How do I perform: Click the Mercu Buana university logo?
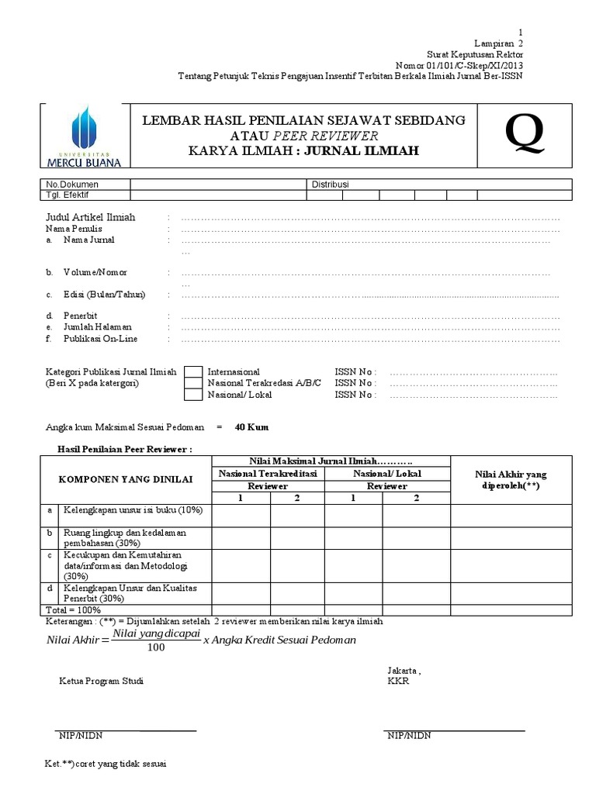click(x=85, y=136)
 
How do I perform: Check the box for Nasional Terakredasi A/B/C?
click(x=193, y=383)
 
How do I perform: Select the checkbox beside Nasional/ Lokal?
click(x=193, y=395)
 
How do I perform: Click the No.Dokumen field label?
click(x=72, y=185)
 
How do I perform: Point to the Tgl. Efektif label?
click(x=69, y=195)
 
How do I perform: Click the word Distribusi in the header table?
click(x=331, y=185)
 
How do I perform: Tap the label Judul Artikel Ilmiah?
click(x=91, y=218)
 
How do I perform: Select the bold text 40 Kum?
click(x=252, y=427)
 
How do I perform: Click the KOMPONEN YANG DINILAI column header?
click(x=125, y=480)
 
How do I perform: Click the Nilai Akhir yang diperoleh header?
click(x=511, y=480)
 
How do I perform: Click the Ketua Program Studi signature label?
click(x=101, y=681)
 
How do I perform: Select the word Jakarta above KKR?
click(x=402, y=670)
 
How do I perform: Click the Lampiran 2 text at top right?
click(x=498, y=44)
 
